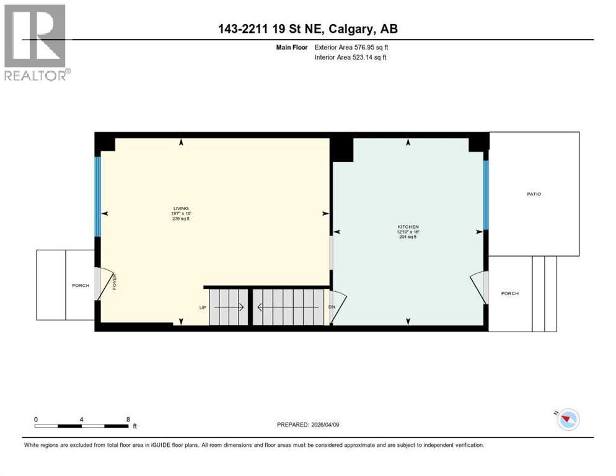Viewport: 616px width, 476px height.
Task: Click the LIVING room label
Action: click(x=181, y=208)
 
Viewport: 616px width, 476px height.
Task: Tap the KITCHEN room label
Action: click(x=408, y=227)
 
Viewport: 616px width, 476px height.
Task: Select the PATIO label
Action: click(x=534, y=194)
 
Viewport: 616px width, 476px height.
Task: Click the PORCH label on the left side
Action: click(x=81, y=286)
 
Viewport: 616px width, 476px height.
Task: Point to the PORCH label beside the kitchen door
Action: click(x=509, y=294)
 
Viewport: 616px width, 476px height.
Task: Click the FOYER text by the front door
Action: click(x=114, y=282)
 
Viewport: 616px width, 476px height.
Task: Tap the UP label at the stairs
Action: click(x=202, y=307)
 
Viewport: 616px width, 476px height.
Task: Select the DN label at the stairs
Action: click(x=332, y=307)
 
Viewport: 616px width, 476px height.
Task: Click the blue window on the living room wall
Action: click(x=97, y=196)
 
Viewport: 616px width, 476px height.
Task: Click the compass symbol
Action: click(x=568, y=420)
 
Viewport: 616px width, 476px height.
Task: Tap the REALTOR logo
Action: click(x=35, y=42)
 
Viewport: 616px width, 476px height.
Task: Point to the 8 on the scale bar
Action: click(x=128, y=419)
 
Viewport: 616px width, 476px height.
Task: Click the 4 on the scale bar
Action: click(x=82, y=419)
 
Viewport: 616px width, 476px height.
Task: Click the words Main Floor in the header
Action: click(x=292, y=47)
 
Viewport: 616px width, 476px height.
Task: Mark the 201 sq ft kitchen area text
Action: click(x=408, y=237)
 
